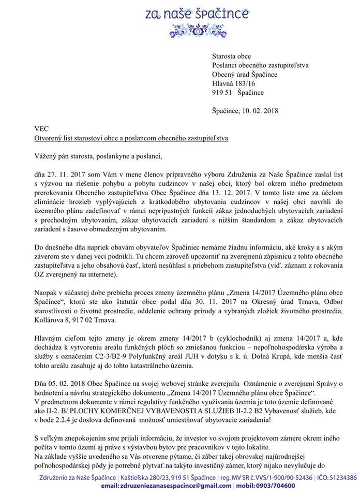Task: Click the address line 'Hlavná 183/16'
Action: coord(233,83)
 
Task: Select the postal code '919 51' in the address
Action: coord(221,93)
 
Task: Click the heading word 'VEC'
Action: coord(27,128)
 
